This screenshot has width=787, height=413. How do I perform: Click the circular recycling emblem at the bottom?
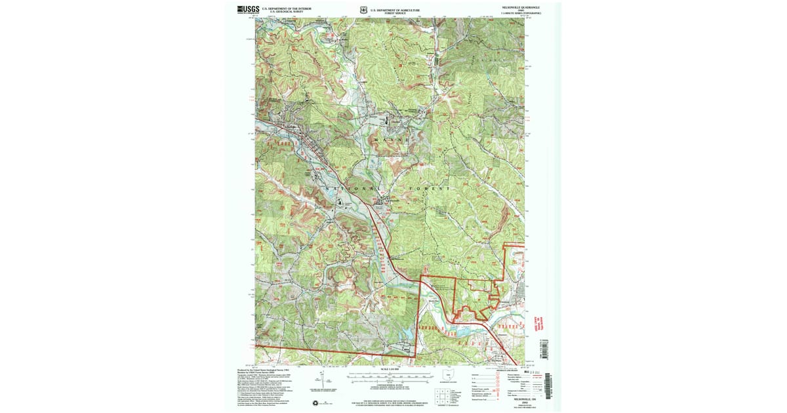(315, 403)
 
